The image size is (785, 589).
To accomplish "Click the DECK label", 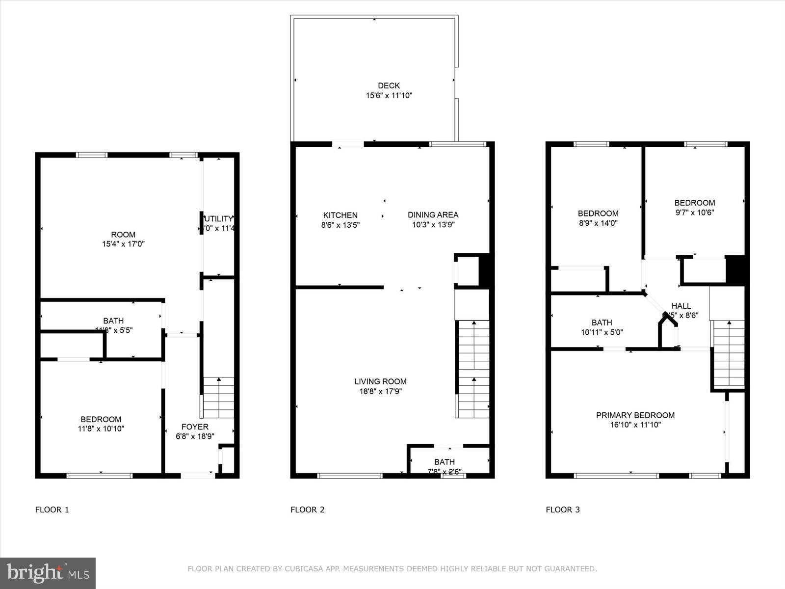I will pos(389,86).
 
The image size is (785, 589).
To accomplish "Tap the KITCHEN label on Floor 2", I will pos(340,215).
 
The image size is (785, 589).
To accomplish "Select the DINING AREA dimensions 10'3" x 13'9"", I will pos(433,225).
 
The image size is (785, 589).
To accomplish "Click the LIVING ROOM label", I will pos(380,381).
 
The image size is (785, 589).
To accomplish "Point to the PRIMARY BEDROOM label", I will pos(635,415).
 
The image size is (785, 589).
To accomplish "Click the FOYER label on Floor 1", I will pos(195,427).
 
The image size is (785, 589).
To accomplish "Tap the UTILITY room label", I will pos(218,219).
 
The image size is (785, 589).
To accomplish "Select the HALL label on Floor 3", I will pos(681,306).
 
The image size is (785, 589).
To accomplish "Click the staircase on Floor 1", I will pos(218,398).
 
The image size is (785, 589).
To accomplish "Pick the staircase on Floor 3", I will pos(729,353).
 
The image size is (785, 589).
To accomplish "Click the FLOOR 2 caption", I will pos(307,509).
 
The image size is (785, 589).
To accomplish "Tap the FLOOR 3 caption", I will pos(563,509).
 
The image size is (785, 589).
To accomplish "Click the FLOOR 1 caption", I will pos(52,509).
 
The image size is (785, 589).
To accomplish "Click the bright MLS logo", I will pos(48,573).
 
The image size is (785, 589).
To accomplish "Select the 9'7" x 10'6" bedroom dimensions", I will pos(694,213).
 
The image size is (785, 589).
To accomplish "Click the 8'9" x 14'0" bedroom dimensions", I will pos(598,223).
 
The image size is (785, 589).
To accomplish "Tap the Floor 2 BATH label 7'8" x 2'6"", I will pos(444,462).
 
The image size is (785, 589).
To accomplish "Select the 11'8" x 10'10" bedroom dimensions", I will pos(101,429).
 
